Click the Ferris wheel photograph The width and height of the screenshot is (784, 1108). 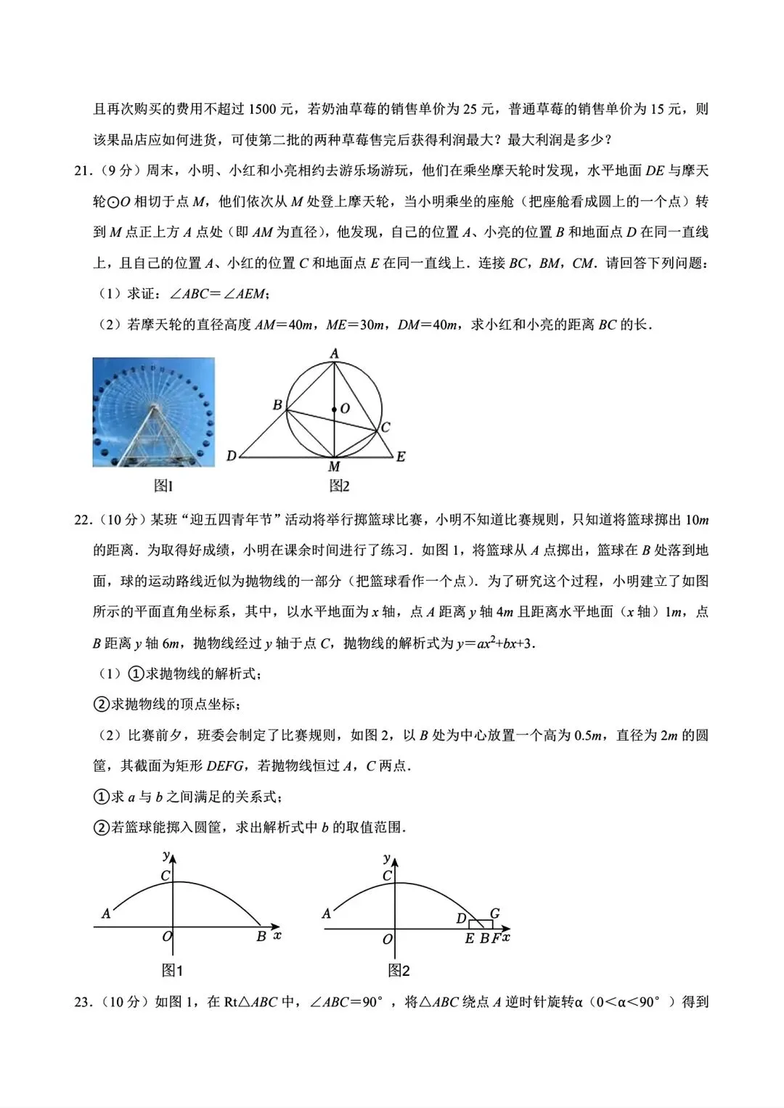coord(153,412)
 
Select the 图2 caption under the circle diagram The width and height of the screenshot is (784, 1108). coord(339,486)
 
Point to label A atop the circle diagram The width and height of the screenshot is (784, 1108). coord(334,354)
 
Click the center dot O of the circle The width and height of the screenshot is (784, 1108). coord(334,410)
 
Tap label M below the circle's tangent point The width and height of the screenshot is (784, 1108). coord(334,467)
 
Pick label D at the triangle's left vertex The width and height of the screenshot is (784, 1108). coord(231,456)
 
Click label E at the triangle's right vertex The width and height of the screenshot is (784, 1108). coord(400,457)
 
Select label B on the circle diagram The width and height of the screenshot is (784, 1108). coord(277,404)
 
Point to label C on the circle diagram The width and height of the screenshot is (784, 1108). coord(385,427)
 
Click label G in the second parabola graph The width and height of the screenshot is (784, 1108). coord(494,913)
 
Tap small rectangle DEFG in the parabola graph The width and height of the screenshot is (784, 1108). coord(481,924)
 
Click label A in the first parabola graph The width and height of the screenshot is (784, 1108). coord(106,913)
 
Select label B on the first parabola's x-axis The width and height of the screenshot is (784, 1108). coord(261,937)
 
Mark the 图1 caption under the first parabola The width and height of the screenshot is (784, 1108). coord(172,970)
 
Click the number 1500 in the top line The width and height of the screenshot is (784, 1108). coord(261,110)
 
